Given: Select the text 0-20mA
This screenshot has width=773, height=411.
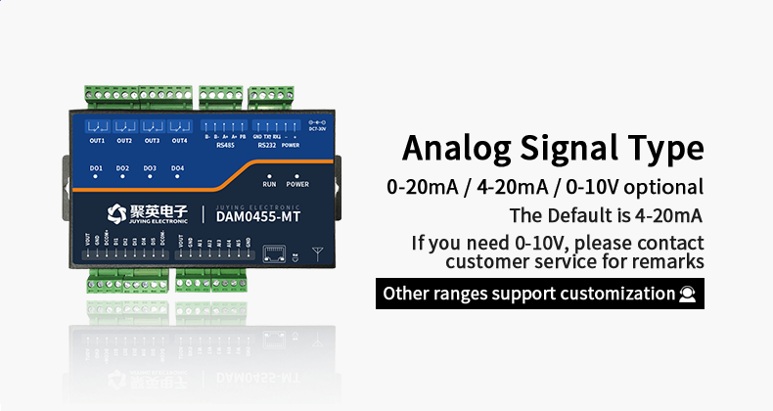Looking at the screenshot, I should [418, 187].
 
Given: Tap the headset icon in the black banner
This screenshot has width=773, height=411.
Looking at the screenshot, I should [688, 294].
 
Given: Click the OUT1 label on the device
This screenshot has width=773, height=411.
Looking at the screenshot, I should [97, 141].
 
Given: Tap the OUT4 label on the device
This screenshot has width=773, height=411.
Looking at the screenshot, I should [179, 141].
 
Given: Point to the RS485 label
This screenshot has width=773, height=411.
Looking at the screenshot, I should [224, 146].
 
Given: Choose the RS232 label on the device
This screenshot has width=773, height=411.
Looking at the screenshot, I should [265, 146].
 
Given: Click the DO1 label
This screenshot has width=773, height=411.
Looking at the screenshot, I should [96, 168].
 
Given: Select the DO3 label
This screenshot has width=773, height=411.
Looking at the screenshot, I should [150, 168].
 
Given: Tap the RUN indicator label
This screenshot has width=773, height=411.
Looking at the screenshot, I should [269, 184].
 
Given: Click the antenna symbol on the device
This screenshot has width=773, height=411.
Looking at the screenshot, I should [316, 253].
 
